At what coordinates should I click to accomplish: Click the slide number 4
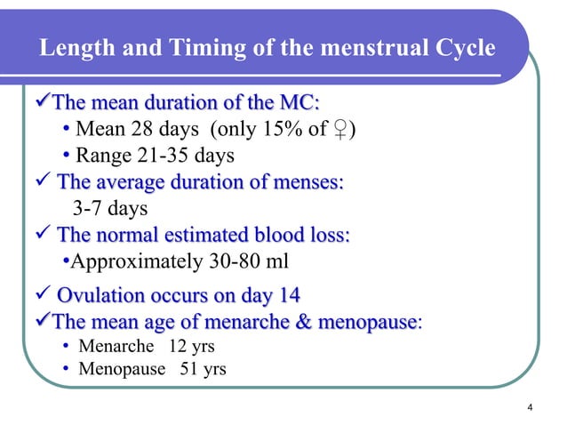tap(530, 408)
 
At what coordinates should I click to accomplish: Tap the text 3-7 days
tap(109, 210)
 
